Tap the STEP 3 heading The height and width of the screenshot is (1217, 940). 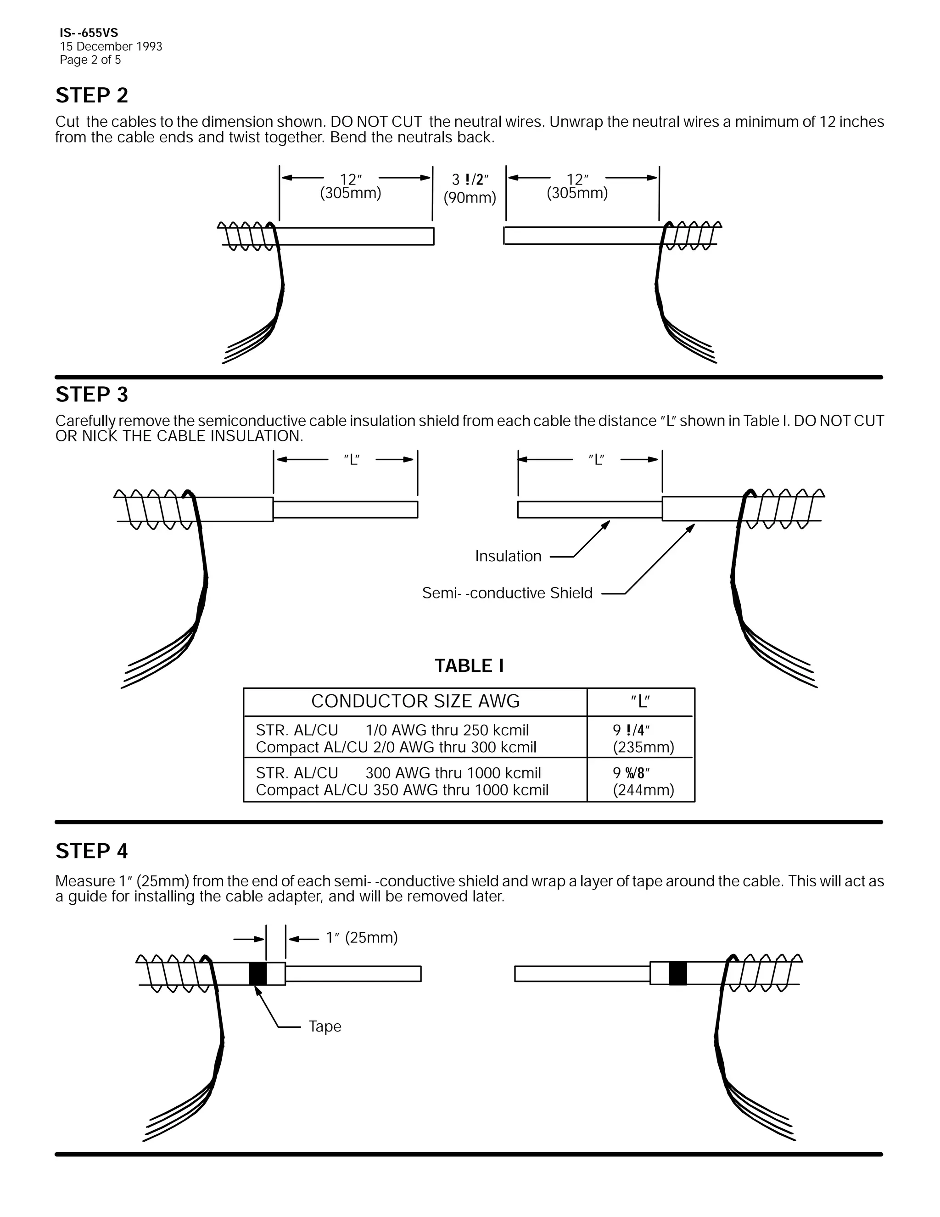point(92,394)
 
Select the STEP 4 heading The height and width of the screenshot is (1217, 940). point(92,851)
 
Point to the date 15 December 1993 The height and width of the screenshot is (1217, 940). point(111,46)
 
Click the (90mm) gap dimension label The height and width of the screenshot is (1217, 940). point(470,198)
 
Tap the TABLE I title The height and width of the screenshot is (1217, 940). point(469,665)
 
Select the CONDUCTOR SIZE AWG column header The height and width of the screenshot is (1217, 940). point(415,701)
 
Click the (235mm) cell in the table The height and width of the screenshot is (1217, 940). point(643,747)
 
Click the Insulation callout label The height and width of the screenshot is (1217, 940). point(508,556)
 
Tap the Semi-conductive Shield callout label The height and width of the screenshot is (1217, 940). point(507,593)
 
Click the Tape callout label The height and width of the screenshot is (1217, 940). point(325,1026)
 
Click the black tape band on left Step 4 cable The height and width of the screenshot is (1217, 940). point(257,974)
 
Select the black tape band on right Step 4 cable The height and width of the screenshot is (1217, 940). point(678,974)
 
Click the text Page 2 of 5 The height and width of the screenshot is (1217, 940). point(90,60)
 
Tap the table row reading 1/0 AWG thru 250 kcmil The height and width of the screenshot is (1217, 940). point(447,730)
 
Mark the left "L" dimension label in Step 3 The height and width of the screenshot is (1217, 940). point(352,460)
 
